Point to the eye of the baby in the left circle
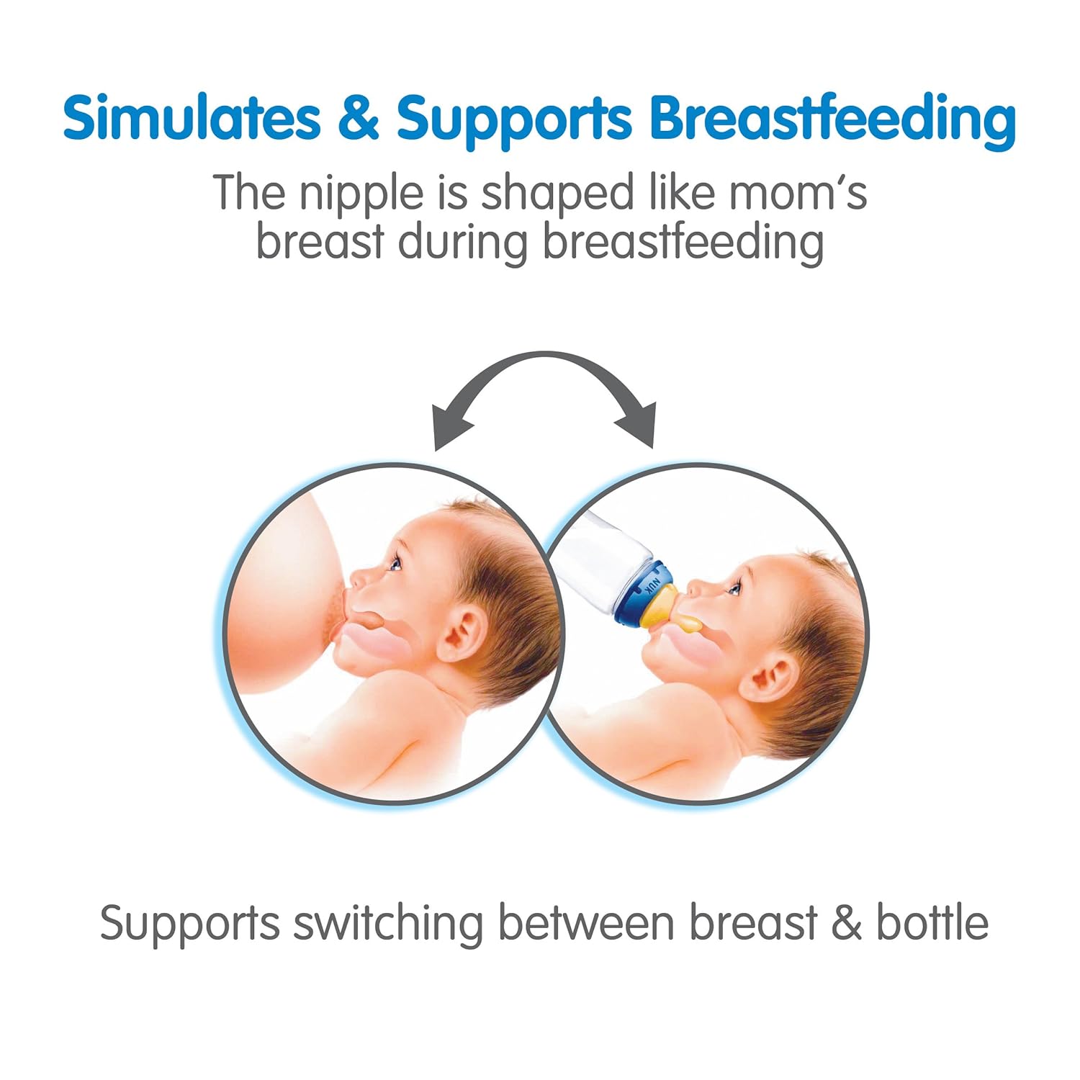point(394,562)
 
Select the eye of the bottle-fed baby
point(732,589)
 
